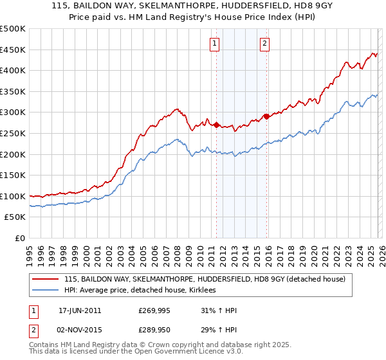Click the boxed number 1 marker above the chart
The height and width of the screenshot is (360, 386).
[x=214, y=44]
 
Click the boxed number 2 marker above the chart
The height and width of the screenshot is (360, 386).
[x=264, y=44]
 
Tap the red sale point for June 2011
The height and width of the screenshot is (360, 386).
[x=216, y=125]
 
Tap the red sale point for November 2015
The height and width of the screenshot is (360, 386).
[x=266, y=116]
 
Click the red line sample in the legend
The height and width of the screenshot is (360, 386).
[x=46, y=279]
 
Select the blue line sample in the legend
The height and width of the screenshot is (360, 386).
[x=46, y=291]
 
